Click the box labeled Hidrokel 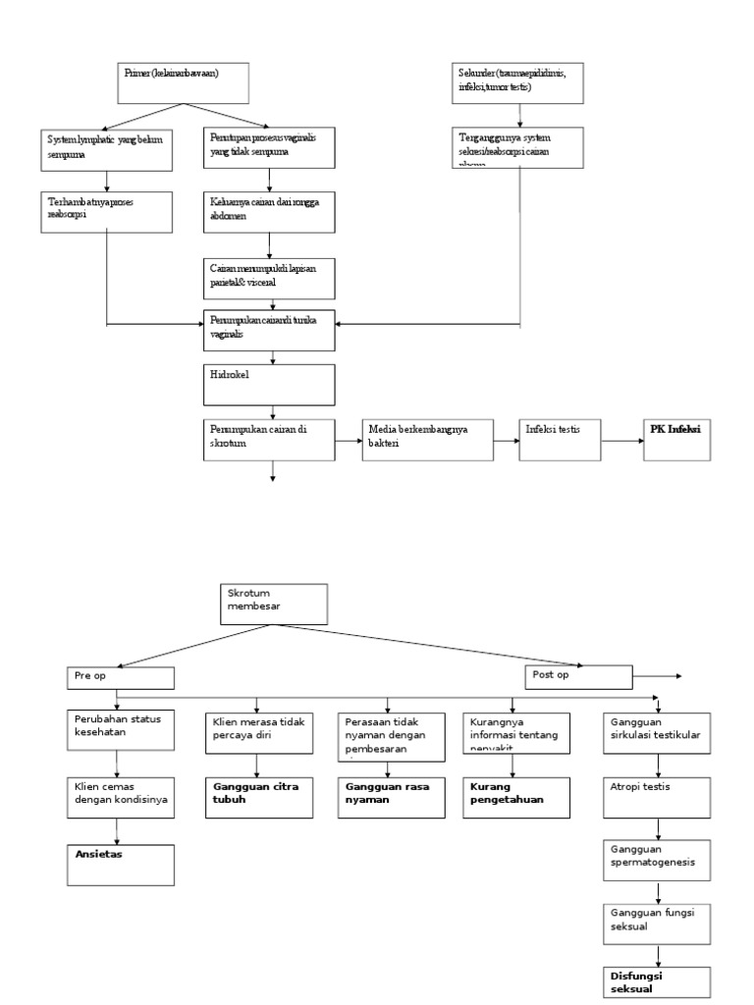(x=269, y=385)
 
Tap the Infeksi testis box (x=559, y=439)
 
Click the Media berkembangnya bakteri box (x=426, y=439)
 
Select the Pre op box (x=121, y=677)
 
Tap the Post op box (x=577, y=676)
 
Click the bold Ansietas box (x=121, y=864)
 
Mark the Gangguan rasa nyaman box (x=388, y=798)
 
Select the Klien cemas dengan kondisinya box (x=121, y=798)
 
